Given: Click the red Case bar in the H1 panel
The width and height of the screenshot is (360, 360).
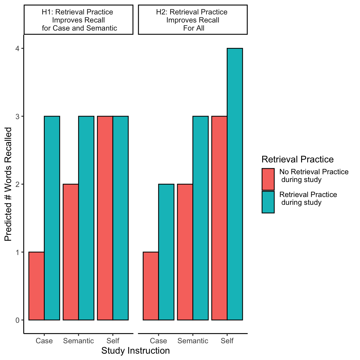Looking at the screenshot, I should (36, 286).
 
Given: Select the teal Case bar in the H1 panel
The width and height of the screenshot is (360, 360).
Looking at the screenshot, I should (52, 218).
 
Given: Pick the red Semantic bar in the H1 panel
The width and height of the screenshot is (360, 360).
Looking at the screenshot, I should (71, 252).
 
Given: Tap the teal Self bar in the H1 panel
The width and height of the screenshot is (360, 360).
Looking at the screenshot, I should (121, 218).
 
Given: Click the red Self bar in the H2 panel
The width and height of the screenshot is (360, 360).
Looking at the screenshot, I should (219, 218).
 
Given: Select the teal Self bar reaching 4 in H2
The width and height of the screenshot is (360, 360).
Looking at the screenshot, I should (235, 184).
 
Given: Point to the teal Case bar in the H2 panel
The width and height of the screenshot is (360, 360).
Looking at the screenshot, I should (166, 252).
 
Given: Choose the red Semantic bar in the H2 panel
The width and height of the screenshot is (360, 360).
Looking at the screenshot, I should (185, 252).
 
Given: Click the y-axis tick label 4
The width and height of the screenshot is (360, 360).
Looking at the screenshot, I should (18, 48).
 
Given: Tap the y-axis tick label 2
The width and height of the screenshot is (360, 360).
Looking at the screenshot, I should (18, 184).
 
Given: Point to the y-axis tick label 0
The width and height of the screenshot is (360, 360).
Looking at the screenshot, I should (18, 320).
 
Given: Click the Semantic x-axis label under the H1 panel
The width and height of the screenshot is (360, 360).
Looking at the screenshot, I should (78, 341).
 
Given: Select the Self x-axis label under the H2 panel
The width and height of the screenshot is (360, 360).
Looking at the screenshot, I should (227, 341).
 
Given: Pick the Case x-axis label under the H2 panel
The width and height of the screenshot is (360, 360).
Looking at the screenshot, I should (158, 341).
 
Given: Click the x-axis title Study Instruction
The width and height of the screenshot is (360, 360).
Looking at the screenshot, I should (136, 351).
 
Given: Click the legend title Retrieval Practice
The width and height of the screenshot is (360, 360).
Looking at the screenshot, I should (297, 159).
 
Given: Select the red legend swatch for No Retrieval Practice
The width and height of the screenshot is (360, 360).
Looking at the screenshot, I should (268, 179).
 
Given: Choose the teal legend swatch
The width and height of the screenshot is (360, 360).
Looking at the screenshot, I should (268, 202).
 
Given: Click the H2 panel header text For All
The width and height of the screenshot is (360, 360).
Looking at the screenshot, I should (194, 28).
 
